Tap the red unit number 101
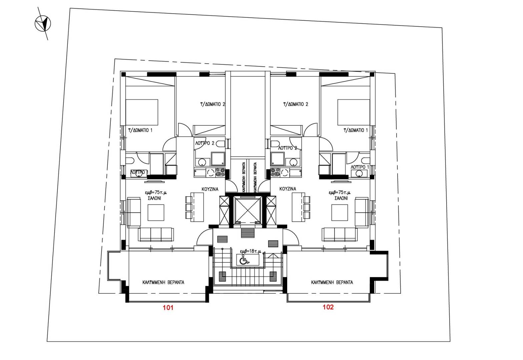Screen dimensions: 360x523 168,308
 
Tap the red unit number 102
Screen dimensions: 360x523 328,307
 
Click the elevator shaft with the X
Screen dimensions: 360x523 247,210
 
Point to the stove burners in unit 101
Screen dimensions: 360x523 220,172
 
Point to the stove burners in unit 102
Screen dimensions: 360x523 275,172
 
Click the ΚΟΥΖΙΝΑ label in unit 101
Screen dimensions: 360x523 210,189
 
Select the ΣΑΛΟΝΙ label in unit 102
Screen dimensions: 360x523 341,198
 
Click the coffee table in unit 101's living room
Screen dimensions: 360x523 156,212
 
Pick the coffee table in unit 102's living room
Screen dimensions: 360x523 340,212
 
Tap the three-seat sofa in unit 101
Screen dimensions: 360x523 156,234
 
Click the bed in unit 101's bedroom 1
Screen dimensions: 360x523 141,112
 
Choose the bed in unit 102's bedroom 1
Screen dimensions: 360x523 354,112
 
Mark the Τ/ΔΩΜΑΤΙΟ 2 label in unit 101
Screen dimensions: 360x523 212,104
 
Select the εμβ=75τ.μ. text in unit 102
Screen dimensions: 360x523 340,192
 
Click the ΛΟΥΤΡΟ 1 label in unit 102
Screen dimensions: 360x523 360,167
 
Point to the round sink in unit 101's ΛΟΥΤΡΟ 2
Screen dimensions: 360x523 202,162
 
